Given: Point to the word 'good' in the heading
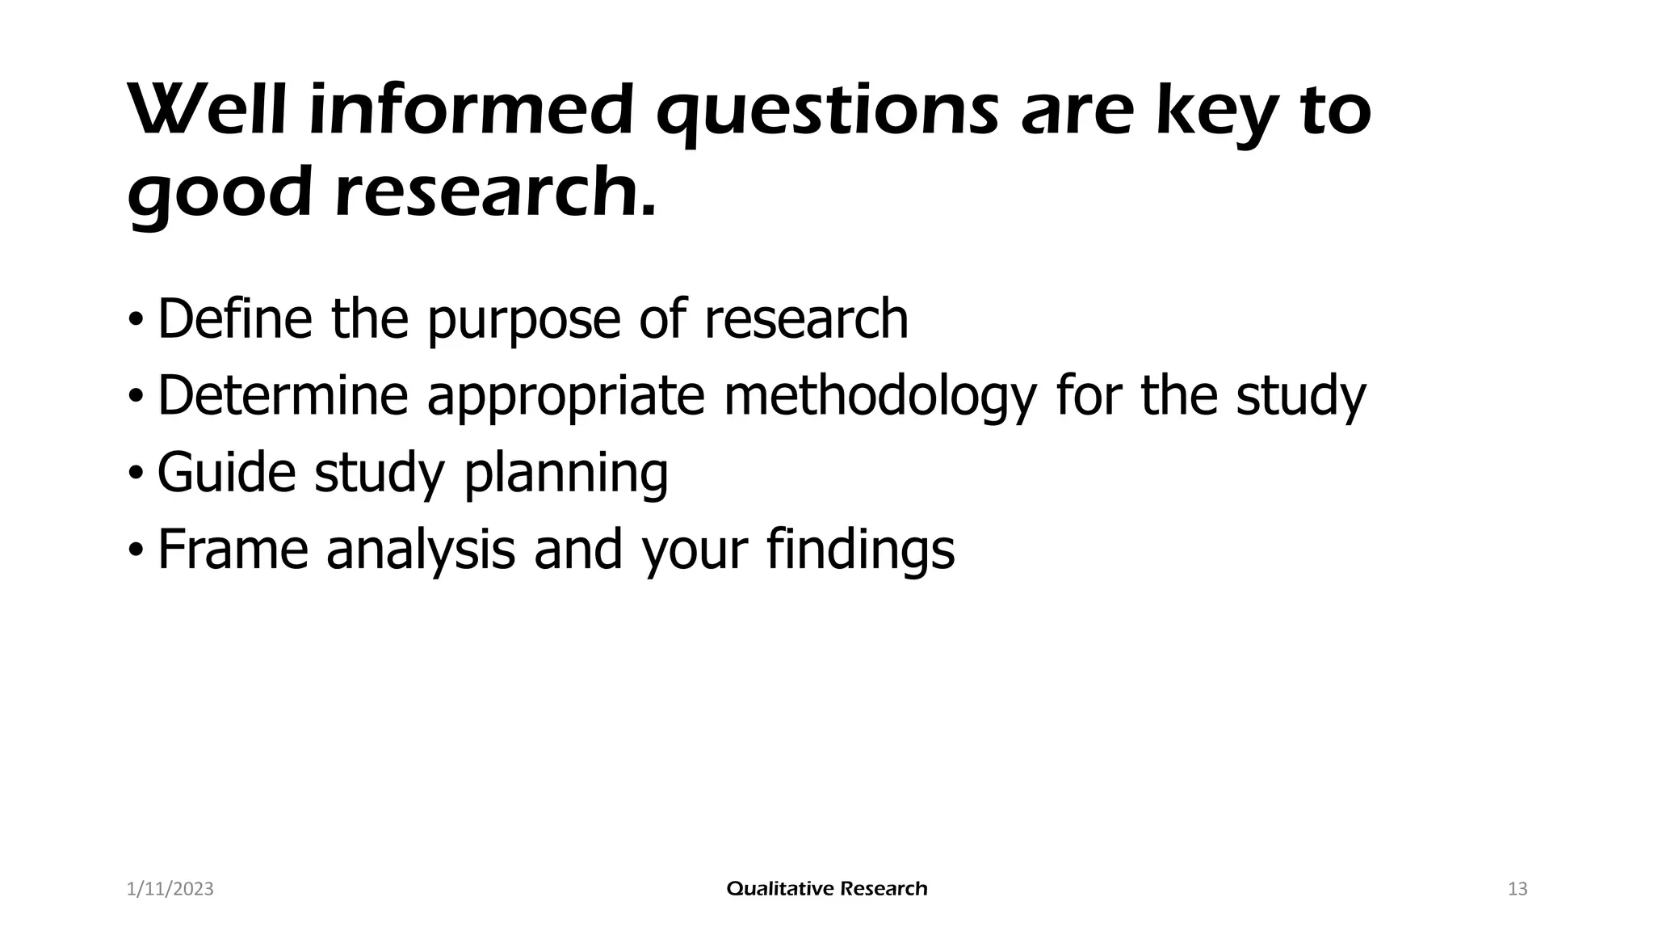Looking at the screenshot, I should click(219, 194).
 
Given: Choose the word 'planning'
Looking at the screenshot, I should click(565, 474).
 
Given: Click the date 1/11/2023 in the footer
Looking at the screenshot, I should click(170, 889).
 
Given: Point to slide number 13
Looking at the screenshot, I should click(1518, 889).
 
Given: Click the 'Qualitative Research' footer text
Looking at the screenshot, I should click(827, 889).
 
